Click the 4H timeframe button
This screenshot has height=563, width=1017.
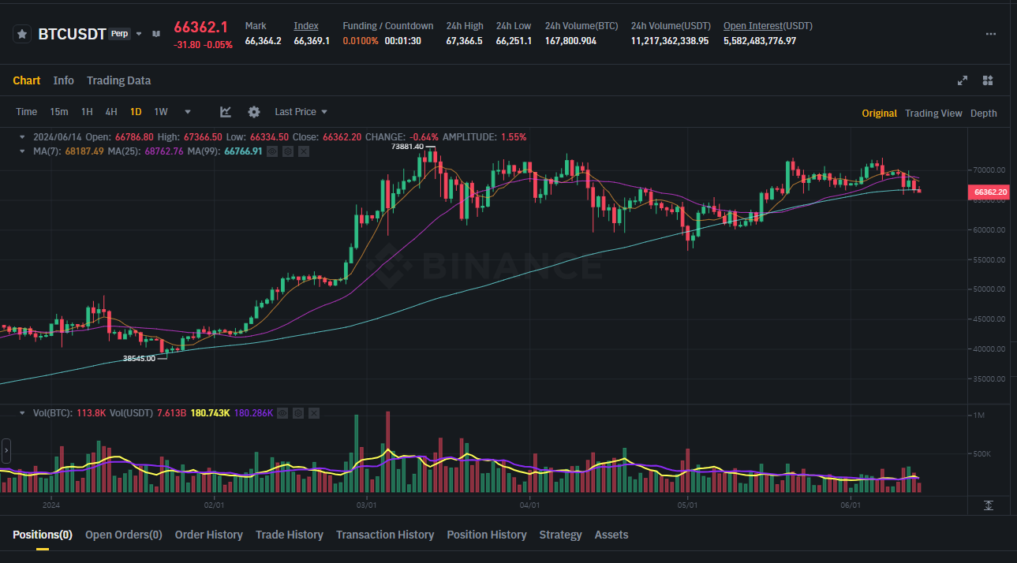111,112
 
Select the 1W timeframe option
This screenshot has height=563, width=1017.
161,112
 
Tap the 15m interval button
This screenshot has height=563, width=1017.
59,112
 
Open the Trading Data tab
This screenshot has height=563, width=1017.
118,80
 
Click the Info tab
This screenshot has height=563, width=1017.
64,80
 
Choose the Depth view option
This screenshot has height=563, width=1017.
983,113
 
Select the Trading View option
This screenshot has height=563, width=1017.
933,113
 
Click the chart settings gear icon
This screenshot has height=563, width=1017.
253,112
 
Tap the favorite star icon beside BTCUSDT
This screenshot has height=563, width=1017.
22,34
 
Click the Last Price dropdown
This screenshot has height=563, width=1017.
301,112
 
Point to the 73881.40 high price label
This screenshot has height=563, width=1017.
407,147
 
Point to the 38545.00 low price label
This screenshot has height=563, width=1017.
139,358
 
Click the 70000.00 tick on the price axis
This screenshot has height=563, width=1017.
989,170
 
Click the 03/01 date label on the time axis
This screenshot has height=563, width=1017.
366,505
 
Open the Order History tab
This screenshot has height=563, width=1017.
208,535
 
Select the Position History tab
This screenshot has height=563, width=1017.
486,535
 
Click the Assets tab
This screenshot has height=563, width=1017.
611,535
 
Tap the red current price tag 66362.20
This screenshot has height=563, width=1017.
989,192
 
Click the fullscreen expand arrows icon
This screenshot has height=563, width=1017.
963,80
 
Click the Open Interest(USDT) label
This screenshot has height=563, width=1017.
767,26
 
